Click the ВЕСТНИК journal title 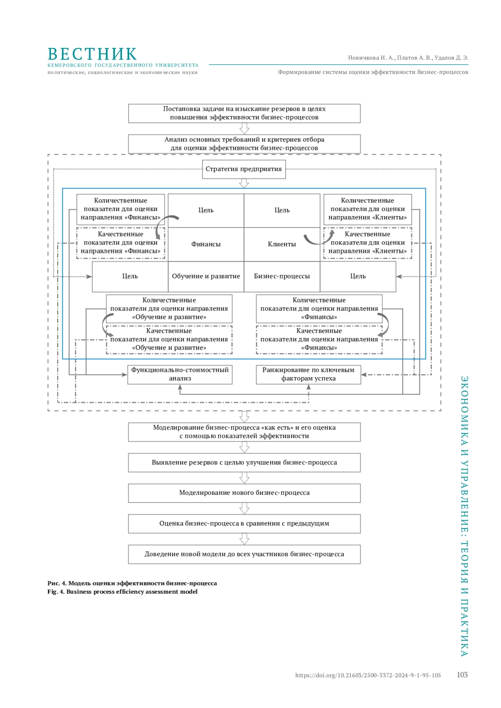(x=92, y=54)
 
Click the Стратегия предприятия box (x=244, y=169)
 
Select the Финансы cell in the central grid (x=206, y=244)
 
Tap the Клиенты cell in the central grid (x=282, y=244)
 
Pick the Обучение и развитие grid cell (x=206, y=276)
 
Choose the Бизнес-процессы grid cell (x=282, y=276)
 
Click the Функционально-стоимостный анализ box (x=180, y=375)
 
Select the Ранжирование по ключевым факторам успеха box (x=309, y=375)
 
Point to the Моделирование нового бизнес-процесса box (x=244, y=493)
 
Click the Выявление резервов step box (x=244, y=463)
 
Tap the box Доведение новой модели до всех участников (x=244, y=554)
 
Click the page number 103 (x=462, y=675)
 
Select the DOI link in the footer (x=368, y=675)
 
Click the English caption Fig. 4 (x=122, y=592)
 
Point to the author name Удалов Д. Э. (x=451, y=58)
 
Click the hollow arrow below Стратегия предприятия (x=244, y=183)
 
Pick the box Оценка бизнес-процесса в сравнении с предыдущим (x=244, y=524)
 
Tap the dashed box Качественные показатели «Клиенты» (x=367, y=243)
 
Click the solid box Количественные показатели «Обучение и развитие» (x=169, y=309)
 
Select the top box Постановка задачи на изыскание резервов (x=244, y=113)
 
